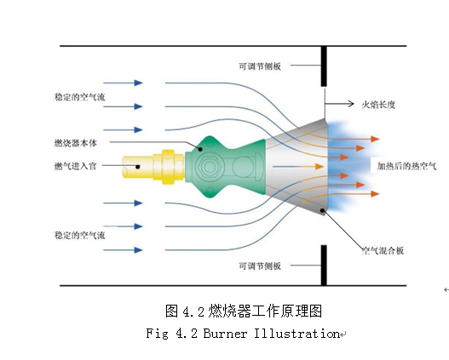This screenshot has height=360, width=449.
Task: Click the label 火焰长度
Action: (x=378, y=105)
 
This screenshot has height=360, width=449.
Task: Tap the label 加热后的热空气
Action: (x=406, y=166)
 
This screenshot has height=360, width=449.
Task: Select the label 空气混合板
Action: (x=383, y=251)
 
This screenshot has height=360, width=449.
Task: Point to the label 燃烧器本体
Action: (x=76, y=143)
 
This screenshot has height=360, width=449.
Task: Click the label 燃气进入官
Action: (x=75, y=166)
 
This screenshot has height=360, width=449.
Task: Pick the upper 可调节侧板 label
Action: (x=260, y=66)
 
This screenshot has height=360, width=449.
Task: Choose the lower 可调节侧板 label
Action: (x=260, y=266)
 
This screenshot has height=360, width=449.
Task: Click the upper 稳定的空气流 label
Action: (x=79, y=97)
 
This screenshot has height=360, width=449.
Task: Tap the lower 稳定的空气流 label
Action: (x=79, y=236)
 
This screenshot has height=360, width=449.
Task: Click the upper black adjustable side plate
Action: (x=324, y=66)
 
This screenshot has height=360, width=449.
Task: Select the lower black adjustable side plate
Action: (x=324, y=265)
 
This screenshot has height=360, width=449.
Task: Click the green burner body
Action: (x=225, y=167)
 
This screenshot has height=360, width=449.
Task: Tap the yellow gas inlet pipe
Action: (x=153, y=167)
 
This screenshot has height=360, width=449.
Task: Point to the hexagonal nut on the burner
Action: (x=210, y=167)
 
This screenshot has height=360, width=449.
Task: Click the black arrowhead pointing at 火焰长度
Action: (x=351, y=104)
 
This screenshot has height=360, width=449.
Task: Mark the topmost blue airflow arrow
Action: (x=123, y=83)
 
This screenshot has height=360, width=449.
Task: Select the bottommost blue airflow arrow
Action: (x=123, y=250)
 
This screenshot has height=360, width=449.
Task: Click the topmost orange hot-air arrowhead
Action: (x=375, y=140)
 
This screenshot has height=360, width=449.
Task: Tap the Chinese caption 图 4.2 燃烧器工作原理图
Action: (x=244, y=311)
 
